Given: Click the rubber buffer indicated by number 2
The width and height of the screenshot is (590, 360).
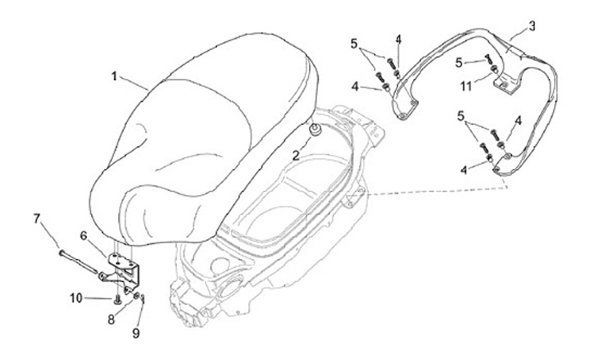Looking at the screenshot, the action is (314, 130).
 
